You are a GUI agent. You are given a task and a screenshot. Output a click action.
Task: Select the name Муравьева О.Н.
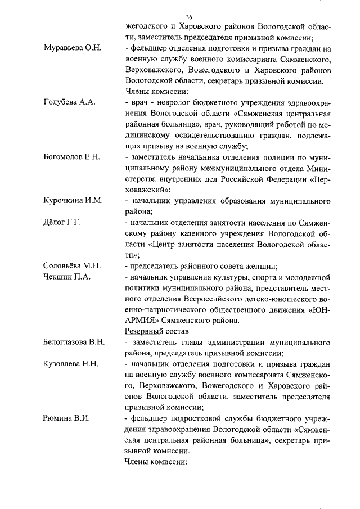pos(72,48)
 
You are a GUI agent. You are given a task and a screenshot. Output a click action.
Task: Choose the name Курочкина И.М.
pos(73,201)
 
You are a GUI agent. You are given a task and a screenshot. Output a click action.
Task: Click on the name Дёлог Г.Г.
pos(62,223)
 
